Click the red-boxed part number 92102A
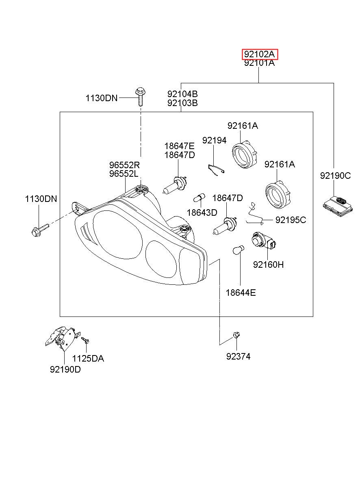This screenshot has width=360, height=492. [x=260, y=54]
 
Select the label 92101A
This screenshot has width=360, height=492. [x=259, y=63]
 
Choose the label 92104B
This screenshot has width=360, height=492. [x=182, y=94]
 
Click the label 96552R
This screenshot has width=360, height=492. [x=125, y=165]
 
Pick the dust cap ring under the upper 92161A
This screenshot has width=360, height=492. [x=245, y=154]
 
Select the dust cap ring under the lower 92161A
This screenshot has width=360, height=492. [x=279, y=194]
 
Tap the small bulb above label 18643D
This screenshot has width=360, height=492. [x=200, y=197]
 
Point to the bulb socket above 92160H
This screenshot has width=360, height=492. [x=264, y=241]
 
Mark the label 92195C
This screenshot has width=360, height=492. [x=291, y=220]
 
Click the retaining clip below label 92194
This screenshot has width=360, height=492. [x=216, y=169]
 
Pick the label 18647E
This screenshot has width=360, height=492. [x=180, y=146]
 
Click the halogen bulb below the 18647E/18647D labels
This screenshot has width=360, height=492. [x=175, y=185]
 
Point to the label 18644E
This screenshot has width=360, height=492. [x=241, y=293]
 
